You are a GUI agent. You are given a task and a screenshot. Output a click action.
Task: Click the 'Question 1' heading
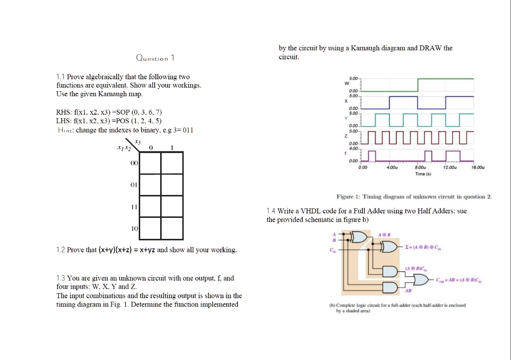(155, 58)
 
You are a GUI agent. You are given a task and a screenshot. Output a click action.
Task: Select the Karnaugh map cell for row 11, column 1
(172, 206)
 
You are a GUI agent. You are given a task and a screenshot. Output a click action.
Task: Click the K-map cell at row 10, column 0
(150, 228)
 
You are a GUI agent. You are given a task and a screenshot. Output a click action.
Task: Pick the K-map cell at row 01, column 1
(172, 184)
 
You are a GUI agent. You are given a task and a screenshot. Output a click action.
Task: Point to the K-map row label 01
(134, 184)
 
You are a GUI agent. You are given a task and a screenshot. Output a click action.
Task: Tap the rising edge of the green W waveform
(418, 85)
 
